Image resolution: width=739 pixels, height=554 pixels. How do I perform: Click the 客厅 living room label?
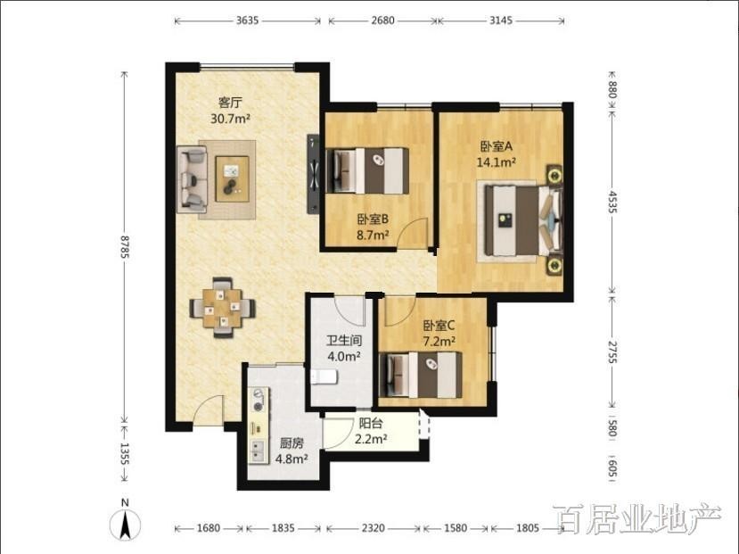(x=230, y=103)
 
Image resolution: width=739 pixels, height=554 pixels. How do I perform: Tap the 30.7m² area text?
(x=230, y=119)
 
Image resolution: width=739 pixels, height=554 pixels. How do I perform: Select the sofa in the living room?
(x=192, y=178)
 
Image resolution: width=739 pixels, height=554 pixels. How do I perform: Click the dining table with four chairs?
(x=223, y=307)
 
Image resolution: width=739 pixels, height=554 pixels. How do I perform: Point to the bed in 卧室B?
(x=367, y=170)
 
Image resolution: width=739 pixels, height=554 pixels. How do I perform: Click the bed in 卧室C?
(x=421, y=375)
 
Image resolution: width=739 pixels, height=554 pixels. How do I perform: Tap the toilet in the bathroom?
(x=324, y=376)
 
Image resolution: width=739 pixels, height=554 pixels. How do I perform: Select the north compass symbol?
(x=125, y=522)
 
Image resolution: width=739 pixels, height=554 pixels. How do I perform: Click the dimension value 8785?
(x=125, y=247)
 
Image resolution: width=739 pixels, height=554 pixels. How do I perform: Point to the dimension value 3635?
(x=248, y=21)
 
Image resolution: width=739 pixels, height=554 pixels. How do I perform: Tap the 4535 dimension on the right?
(x=612, y=202)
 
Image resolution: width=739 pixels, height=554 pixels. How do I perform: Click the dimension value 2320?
(x=374, y=528)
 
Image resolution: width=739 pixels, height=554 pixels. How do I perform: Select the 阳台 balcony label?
(x=371, y=423)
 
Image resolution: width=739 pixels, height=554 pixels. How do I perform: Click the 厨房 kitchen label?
(x=291, y=443)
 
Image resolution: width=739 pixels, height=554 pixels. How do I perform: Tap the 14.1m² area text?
(x=496, y=162)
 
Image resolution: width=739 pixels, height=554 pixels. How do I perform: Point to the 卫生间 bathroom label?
(x=344, y=341)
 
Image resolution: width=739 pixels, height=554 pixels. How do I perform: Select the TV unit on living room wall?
(x=313, y=175)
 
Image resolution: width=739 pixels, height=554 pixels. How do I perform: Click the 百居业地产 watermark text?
(x=636, y=519)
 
